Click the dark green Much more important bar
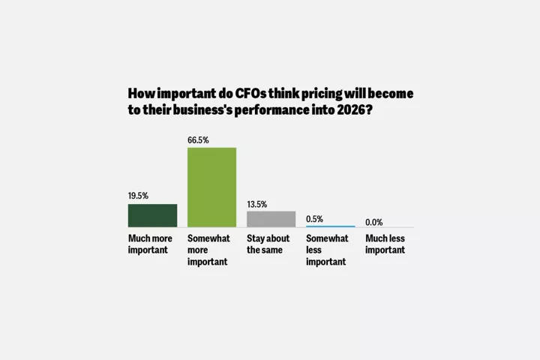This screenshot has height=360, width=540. (x=152, y=215)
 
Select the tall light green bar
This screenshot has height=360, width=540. (x=211, y=187)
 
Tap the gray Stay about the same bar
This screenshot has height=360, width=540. (x=271, y=219)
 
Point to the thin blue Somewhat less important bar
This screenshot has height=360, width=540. (x=330, y=226)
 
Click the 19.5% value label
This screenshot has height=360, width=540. (x=138, y=196)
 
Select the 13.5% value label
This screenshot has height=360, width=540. (x=257, y=204)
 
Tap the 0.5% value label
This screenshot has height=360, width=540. (x=315, y=219)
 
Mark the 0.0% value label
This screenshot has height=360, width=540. (x=374, y=222)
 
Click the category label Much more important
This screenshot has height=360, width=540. (x=148, y=244)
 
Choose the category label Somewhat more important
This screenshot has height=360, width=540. (x=208, y=250)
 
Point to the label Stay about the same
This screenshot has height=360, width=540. (x=268, y=244)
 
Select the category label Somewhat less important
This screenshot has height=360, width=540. (x=327, y=250)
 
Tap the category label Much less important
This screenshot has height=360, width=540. (x=385, y=244)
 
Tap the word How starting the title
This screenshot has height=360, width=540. (x=141, y=94)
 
